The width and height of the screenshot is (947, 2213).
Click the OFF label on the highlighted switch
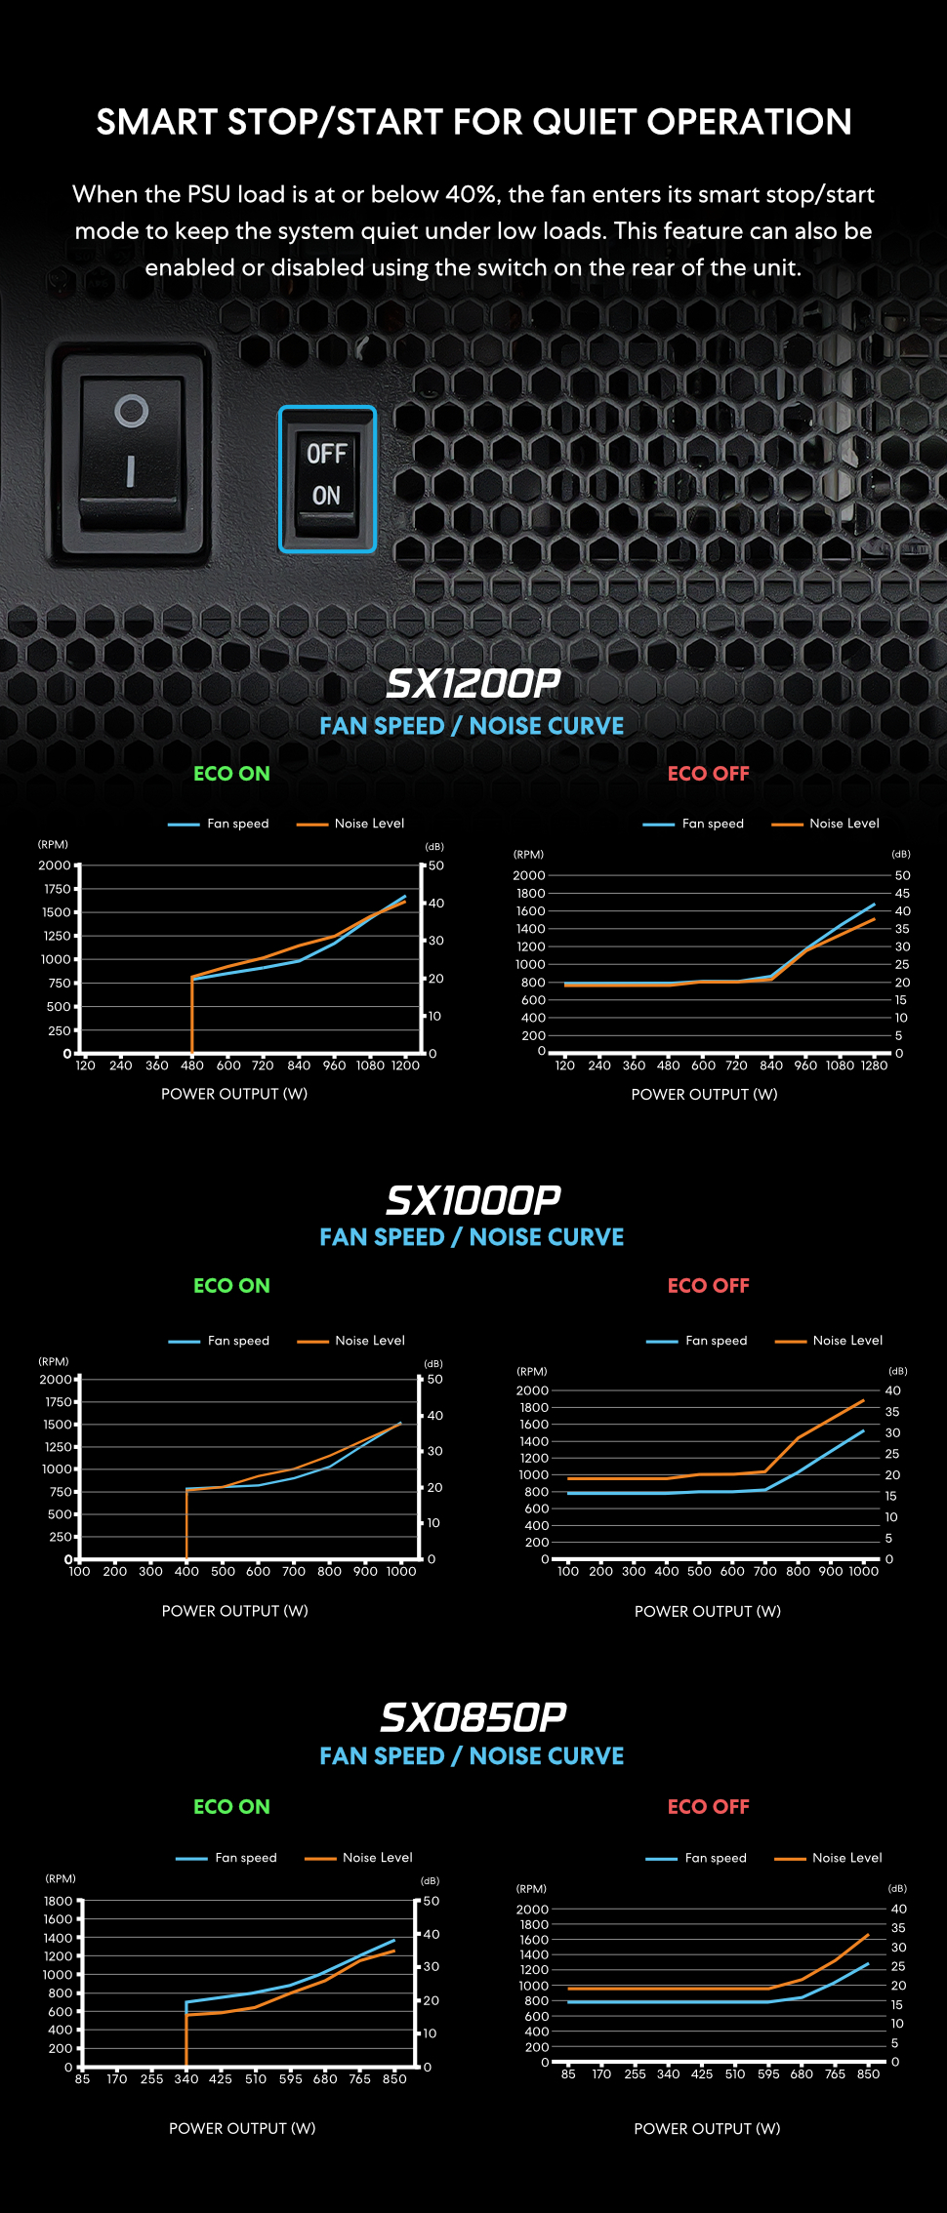[x=326, y=454]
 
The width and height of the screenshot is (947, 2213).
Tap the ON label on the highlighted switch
[x=326, y=496]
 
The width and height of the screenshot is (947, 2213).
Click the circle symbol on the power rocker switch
[x=132, y=411]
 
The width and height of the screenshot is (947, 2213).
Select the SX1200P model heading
[x=473, y=684]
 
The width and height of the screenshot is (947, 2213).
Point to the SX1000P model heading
[x=473, y=1200]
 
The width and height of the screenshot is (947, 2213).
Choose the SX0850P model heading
[x=473, y=1717]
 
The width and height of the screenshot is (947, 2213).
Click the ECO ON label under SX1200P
[x=231, y=774]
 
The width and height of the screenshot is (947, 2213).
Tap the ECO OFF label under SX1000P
[x=709, y=1286]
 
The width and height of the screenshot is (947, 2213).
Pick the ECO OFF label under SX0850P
[x=709, y=1807]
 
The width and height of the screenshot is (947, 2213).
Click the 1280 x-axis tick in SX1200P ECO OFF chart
[x=874, y=1066]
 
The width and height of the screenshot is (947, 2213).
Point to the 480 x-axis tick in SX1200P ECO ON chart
[x=192, y=1066]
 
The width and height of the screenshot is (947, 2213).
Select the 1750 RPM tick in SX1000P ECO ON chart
[x=59, y=1402]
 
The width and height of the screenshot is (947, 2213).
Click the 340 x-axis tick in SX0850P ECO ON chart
[x=186, y=2079]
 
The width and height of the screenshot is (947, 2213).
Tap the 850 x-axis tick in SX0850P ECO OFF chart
[x=868, y=2074]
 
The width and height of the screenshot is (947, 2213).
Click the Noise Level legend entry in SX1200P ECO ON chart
[x=369, y=824]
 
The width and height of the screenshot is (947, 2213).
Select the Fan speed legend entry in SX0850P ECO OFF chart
[x=715, y=1858]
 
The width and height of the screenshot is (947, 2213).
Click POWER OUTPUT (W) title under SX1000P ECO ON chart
[x=234, y=1611]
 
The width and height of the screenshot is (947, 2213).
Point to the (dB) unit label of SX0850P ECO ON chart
[x=430, y=1880]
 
